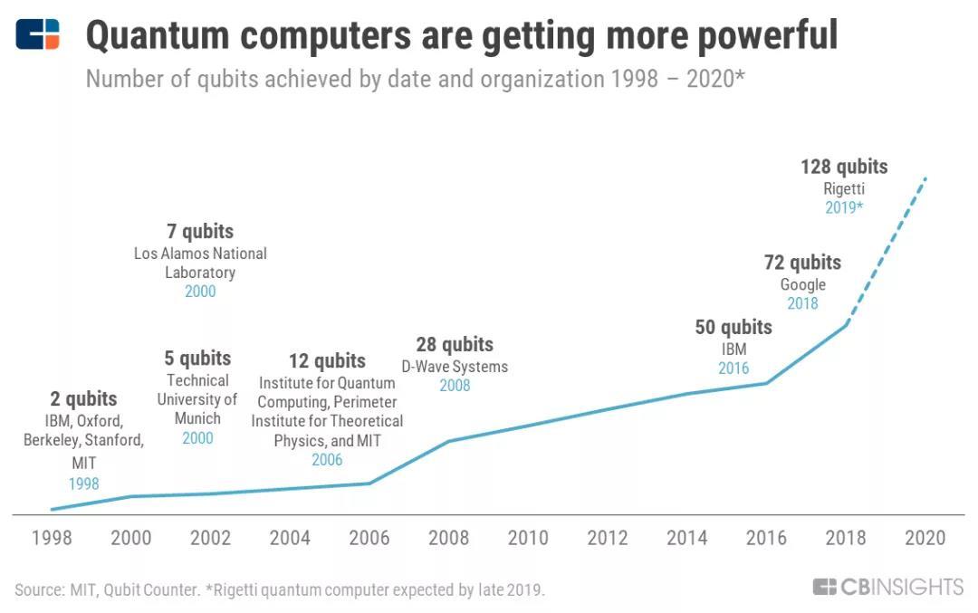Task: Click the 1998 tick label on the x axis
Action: (x=52, y=538)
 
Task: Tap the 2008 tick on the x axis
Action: (x=449, y=538)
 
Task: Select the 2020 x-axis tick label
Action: (x=925, y=538)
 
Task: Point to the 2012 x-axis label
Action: (x=608, y=538)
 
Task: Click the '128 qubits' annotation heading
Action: (x=844, y=167)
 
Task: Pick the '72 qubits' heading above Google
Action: (x=802, y=263)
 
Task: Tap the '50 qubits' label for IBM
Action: (x=733, y=327)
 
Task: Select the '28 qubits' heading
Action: (x=455, y=344)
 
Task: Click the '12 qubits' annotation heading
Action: (x=327, y=361)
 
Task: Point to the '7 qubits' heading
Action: (x=200, y=232)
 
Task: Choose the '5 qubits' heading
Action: (x=197, y=358)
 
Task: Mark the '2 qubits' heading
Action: (x=83, y=399)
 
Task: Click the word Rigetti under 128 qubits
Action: (x=844, y=188)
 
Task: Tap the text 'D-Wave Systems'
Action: (x=455, y=367)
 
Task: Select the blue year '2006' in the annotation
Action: (x=327, y=460)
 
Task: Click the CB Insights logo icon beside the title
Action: (x=38, y=34)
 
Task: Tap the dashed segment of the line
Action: (x=887, y=249)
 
